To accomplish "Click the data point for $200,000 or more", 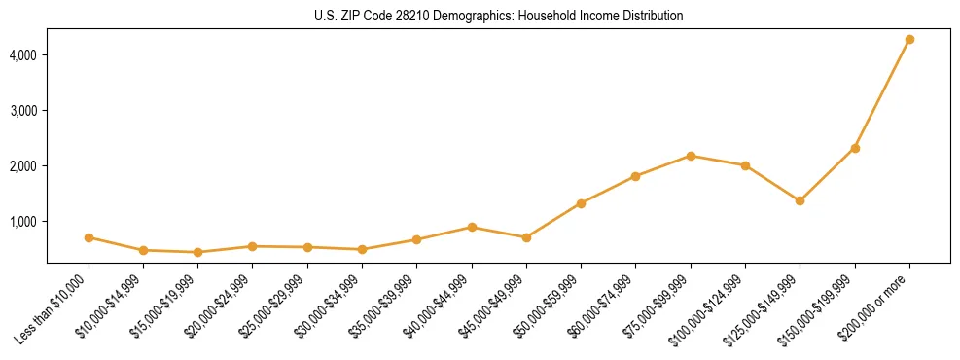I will point(909,39).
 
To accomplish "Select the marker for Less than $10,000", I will point(89,237).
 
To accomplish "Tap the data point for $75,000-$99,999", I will point(691,156).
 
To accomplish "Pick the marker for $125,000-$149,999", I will point(800,200).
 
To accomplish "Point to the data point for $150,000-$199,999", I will point(855,148).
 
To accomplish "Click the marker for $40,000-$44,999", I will point(472,227).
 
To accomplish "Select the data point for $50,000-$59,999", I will point(581,203).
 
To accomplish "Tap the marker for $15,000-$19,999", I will point(197,252).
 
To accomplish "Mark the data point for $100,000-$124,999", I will point(745,165).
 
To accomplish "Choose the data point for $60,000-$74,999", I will point(635,176).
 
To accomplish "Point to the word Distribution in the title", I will point(653,17).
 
